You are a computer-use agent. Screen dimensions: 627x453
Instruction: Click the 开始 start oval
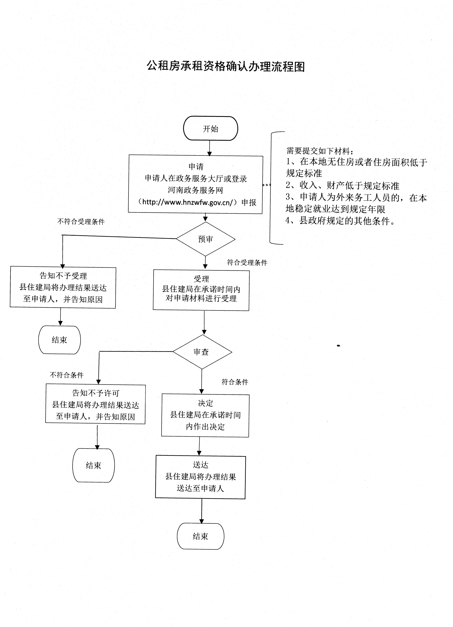click(x=210, y=129)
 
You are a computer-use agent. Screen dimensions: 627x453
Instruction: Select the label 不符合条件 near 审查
click(x=67, y=375)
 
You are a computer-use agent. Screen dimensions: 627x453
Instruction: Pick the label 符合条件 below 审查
click(x=235, y=382)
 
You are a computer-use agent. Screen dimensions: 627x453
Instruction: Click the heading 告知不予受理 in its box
click(x=63, y=276)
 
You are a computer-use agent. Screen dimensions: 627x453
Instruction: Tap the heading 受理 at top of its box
click(x=201, y=279)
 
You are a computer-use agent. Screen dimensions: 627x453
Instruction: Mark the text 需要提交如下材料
click(x=320, y=151)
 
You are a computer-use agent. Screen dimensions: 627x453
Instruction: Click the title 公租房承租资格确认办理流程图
click(x=226, y=66)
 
